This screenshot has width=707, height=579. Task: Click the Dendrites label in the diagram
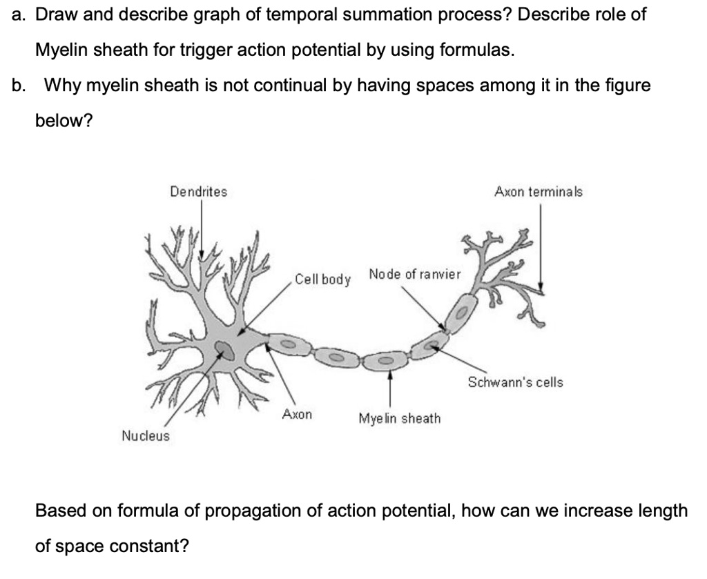pyautogui.click(x=198, y=192)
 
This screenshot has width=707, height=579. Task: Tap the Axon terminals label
pyautogui.click(x=538, y=192)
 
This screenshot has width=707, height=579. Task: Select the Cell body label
pyautogui.click(x=322, y=279)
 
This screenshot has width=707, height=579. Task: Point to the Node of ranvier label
pyautogui.click(x=414, y=275)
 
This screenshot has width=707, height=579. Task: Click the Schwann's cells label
pyautogui.click(x=515, y=382)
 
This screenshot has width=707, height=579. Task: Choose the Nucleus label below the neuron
pyautogui.click(x=145, y=435)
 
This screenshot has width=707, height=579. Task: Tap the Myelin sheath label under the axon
pyautogui.click(x=399, y=418)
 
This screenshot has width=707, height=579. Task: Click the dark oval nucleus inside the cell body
pyautogui.click(x=225, y=350)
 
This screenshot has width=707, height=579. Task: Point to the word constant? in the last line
pyautogui.click(x=156, y=546)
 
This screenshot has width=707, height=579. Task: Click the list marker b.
pyautogui.click(x=19, y=86)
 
